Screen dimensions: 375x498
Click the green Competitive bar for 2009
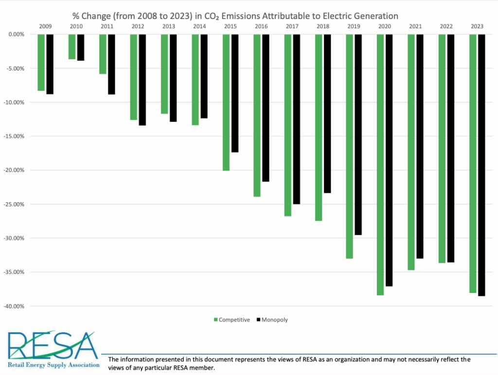[x=41, y=62]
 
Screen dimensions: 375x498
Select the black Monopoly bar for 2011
[x=111, y=64]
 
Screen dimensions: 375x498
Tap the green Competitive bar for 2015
[x=226, y=102]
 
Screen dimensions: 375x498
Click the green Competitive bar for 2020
[x=380, y=165]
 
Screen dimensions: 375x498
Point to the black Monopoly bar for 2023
[x=481, y=165]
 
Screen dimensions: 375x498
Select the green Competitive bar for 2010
[x=72, y=47]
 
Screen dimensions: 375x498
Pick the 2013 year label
[x=169, y=26]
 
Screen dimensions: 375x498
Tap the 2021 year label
[x=415, y=26]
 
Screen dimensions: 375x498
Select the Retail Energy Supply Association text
[x=53, y=364]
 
